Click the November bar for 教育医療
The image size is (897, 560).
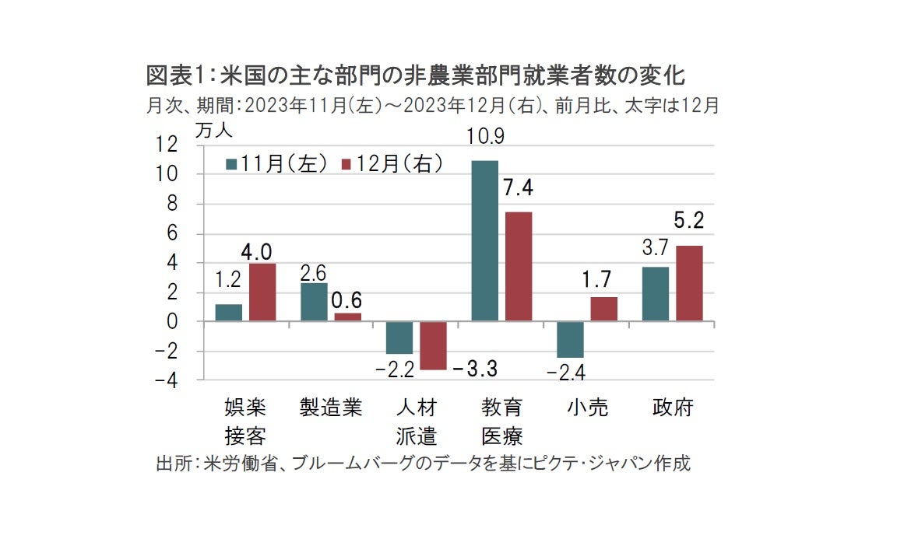[x=484, y=240]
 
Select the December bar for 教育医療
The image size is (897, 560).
[x=519, y=266]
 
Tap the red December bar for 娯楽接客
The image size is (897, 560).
[x=262, y=292]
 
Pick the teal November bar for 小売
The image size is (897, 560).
[x=570, y=339]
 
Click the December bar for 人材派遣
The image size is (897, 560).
[x=433, y=345]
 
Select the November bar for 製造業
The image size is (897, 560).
[x=314, y=302]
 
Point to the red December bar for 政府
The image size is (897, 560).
[x=689, y=283]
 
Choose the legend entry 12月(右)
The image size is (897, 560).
[x=393, y=164]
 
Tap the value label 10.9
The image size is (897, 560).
[x=485, y=137]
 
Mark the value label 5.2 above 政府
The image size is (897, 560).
[x=688, y=222]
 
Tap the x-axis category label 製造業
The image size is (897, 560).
[x=331, y=408]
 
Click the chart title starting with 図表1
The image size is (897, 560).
[x=415, y=77]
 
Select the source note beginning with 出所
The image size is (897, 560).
[x=423, y=464]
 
